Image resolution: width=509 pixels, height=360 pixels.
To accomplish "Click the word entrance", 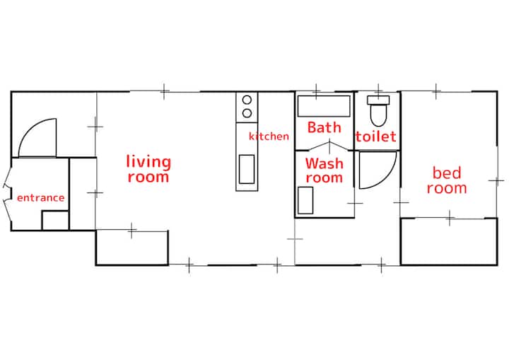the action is tap(40, 198).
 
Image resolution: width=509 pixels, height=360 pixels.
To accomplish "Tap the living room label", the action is tap(148, 169).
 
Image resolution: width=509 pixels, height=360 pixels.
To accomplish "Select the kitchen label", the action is tap(269, 136).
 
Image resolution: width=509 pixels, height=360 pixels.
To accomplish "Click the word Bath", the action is tap(324, 127).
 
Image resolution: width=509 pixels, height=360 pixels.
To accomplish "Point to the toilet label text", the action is tap(375, 136).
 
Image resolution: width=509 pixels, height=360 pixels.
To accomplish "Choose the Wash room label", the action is tap(324, 170).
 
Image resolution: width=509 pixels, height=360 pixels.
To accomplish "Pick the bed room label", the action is tap(447, 180).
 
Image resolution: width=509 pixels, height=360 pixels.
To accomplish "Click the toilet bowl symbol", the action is tap(378, 115).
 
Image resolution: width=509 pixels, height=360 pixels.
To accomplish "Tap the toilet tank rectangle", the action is tap(378, 100).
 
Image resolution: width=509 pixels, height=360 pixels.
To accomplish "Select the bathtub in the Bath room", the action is tap(324, 106).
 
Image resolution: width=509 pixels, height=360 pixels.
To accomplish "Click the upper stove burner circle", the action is tap(247, 100).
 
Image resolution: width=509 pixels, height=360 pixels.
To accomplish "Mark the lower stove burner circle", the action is tap(247, 113).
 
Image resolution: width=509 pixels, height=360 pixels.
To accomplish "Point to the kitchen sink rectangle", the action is tap(247, 169).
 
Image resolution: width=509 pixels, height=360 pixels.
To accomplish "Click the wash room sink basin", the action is tap(305, 200).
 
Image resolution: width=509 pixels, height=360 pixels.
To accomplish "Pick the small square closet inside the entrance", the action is tap(55, 220).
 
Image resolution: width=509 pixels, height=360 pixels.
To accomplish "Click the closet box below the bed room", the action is tap(449, 241).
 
